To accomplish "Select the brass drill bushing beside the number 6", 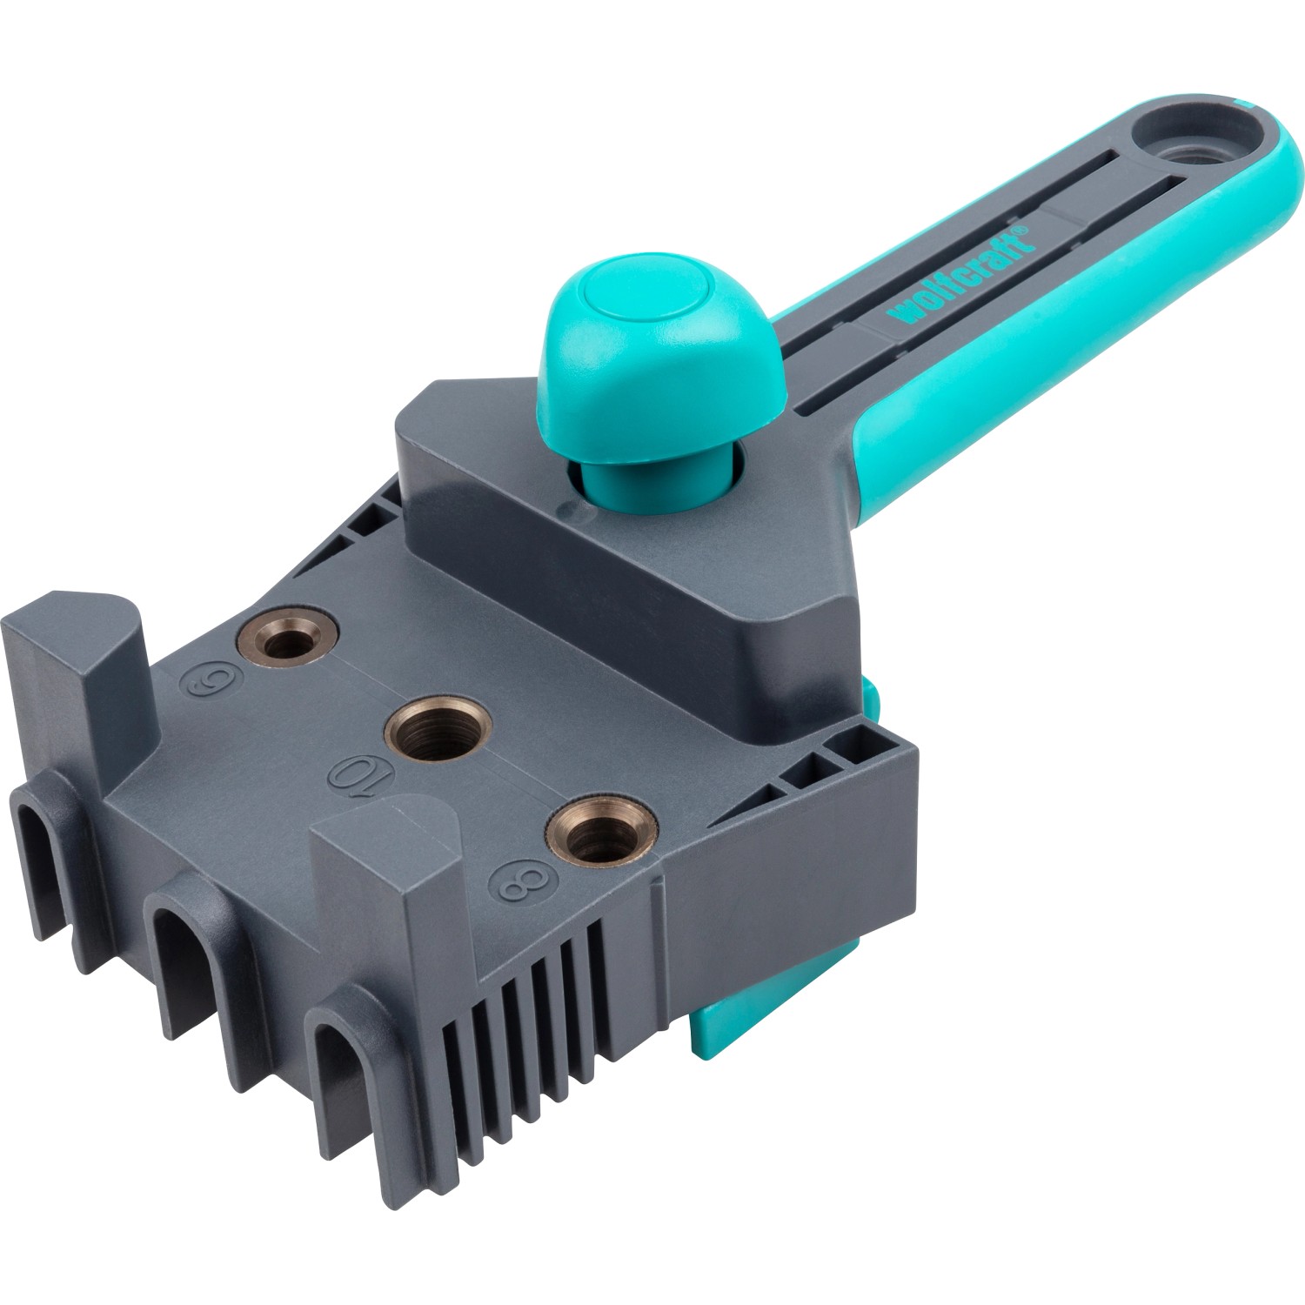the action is pos(288,641).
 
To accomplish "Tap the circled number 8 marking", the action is pos(522,883).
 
